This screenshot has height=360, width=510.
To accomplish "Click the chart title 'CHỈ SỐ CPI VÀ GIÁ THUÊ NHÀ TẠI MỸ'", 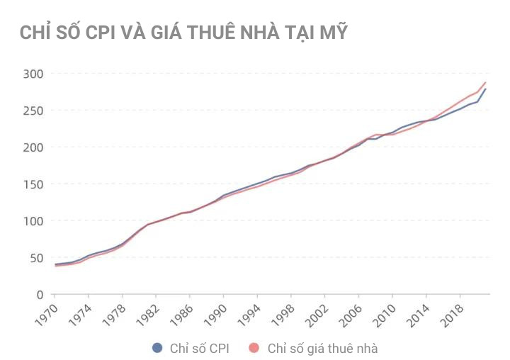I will (183, 33).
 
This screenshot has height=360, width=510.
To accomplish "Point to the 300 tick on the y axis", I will (33, 74).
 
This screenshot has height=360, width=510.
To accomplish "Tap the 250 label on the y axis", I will (33, 111).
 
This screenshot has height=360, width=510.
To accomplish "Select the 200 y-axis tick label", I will (33, 147).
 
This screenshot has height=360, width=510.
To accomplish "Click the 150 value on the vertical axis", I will (33, 184).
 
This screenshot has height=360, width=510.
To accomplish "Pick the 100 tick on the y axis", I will (33, 221).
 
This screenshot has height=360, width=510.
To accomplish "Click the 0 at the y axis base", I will (40, 295).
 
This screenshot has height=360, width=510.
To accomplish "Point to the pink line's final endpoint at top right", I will (486, 82).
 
